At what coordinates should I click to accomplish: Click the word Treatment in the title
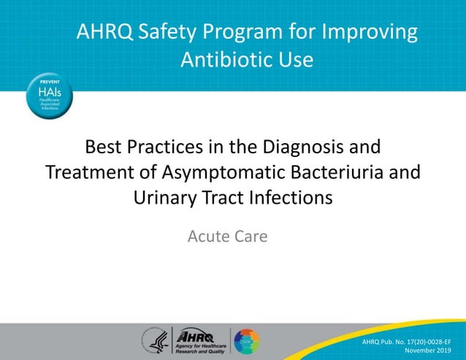click(x=89, y=172)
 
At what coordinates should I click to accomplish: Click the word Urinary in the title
click(x=167, y=197)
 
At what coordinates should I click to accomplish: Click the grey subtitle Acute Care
click(x=227, y=236)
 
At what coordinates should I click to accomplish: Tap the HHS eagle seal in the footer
click(x=155, y=340)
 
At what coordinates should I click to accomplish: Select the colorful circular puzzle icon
click(x=246, y=340)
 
